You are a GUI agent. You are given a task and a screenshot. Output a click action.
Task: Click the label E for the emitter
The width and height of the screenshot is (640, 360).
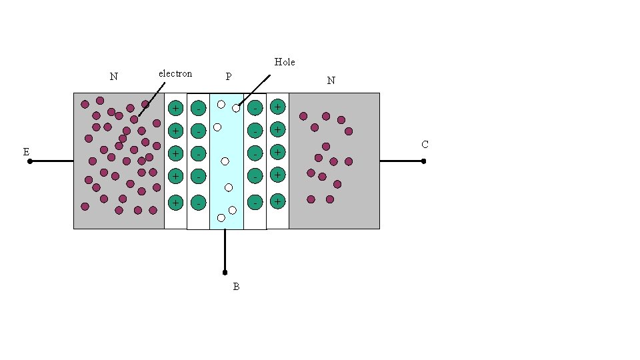click(26, 152)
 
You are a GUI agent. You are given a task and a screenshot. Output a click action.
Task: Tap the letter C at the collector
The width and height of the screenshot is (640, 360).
click(425, 145)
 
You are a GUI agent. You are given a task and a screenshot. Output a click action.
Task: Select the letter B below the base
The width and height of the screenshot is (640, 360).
click(236, 287)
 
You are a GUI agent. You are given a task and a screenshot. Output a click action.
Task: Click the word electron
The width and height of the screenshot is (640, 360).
click(175, 73)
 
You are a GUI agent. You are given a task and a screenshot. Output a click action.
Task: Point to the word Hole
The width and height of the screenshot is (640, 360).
click(285, 62)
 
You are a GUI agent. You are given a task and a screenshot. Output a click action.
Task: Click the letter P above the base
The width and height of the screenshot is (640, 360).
click(228, 77)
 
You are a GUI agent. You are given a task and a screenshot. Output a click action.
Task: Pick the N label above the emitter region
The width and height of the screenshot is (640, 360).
click(114, 77)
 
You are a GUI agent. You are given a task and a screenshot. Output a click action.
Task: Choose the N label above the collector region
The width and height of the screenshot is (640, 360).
click(331, 81)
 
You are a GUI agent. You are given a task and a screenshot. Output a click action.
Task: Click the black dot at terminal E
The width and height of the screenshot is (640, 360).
click(30, 161)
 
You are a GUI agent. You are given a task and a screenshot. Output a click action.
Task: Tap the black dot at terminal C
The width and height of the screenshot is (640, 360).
click(423, 161)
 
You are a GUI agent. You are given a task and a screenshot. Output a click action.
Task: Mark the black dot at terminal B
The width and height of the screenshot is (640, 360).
click(225, 272)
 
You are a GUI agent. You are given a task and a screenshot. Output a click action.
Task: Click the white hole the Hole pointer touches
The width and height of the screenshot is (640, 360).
click(236, 108)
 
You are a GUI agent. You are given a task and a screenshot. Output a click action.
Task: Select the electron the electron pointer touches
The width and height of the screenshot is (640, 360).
click(134, 119)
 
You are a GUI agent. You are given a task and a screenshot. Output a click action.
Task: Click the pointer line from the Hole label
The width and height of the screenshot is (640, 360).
click(257, 91)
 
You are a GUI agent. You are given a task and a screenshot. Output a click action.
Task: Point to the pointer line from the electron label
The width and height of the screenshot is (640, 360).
click(151, 100)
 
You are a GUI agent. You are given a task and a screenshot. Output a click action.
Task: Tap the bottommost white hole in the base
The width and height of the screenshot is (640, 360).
click(221, 217)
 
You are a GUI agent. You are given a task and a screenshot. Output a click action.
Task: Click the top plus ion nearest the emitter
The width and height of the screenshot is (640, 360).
click(175, 108)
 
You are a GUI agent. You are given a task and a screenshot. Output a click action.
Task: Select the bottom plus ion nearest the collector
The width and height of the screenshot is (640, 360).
click(278, 201)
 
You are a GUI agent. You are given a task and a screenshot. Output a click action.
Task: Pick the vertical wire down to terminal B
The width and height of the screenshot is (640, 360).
click(225, 250)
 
